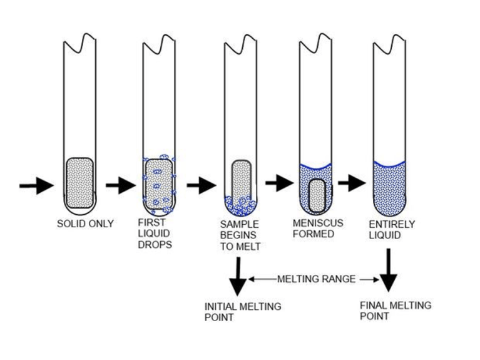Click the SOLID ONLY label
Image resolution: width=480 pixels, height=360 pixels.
click(x=85, y=224)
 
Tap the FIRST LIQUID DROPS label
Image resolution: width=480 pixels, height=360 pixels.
click(x=155, y=234)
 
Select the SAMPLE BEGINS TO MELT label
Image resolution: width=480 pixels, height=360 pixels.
click(x=240, y=235)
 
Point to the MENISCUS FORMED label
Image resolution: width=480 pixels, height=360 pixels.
click(x=318, y=229)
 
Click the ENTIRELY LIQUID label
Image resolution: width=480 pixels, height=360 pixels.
click(x=392, y=230)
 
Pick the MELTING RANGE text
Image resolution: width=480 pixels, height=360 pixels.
click(x=317, y=279)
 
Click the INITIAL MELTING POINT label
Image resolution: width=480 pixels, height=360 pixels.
click(x=243, y=312)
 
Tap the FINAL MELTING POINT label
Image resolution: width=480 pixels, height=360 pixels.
click(x=396, y=311)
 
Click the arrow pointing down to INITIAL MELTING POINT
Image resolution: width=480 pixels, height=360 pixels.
click(x=238, y=276)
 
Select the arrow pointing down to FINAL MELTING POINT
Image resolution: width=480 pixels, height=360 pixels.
click(x=389, y=270)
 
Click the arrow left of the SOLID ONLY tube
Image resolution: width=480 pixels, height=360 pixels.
click(x=37, y=185)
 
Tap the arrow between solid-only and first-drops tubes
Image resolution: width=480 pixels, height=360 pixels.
click(x=121, y=185)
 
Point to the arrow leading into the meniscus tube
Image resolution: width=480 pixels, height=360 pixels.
click(x=280, y=183)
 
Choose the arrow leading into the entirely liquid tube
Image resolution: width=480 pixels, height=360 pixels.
click(x=352, y=183)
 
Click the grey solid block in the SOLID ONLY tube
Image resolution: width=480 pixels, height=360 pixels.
click(x=80, y=183)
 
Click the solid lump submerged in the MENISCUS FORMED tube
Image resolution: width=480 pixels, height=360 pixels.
click(x=317, y=196)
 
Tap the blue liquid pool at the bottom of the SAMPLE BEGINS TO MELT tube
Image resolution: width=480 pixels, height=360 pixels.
click(x=241, y=206)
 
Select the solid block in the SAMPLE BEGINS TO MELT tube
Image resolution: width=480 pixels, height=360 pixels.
click(x=242, y=180)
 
